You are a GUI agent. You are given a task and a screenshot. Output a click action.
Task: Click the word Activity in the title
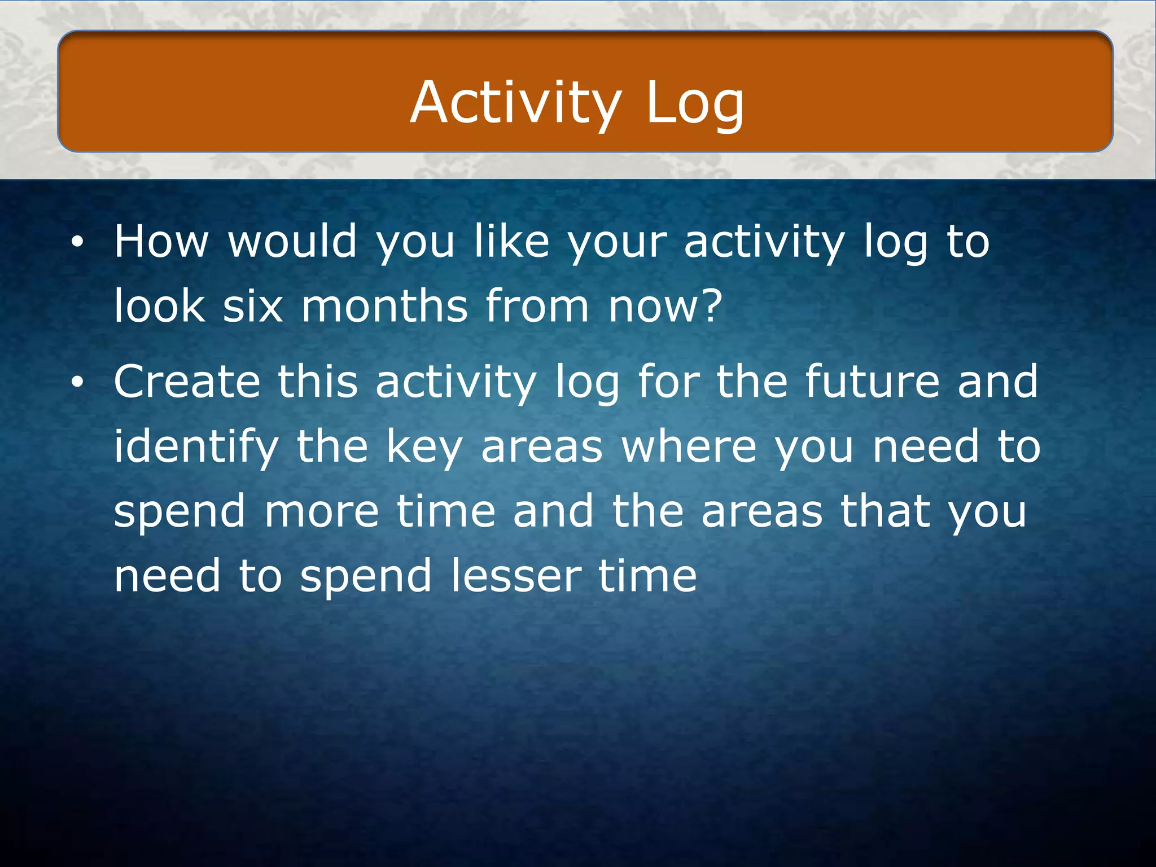[515, 103]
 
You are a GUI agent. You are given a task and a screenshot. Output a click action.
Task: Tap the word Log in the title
[694, 103]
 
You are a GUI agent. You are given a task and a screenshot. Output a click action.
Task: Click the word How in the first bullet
[161, 242]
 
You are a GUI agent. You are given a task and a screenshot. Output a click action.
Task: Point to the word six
[252, 306]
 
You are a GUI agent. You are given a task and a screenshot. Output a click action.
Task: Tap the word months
[384, 306]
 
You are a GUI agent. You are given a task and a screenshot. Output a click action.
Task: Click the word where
[689, 446]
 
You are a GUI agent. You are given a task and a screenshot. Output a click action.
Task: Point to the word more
[322, 511]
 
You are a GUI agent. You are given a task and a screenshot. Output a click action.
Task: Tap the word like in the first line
[511, 242]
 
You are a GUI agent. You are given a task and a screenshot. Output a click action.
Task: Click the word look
[160, 306]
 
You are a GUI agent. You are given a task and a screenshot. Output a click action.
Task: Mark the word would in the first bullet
[292, 242]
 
